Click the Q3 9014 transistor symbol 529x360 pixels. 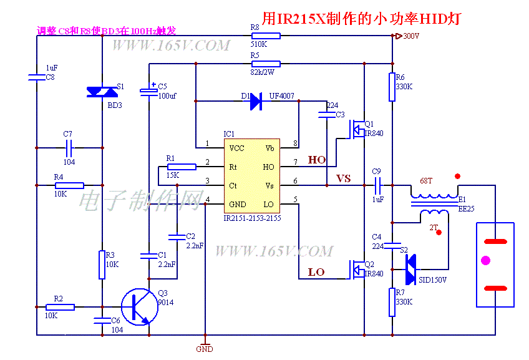pyautogui.click(x=138, y=306)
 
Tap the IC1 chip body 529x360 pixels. pyautogui.click(x=251, y=176)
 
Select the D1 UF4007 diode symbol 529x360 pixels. pyautogui.click(x=255, y=101)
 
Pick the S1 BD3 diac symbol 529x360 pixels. pyautogui.click(x=101, y=92)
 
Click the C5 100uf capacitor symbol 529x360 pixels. pyautogui.click(x=149, y=91)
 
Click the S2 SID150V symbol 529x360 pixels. pyautogui.click(x=410, y=270)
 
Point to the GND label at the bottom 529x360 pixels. pyautogui.click(x=205, y=349)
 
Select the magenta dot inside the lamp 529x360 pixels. pyautogui.click(x=487, y=260)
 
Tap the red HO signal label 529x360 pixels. pyautogui.click(x=317, y=160)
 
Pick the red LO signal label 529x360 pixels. pyautogui.click(x=316, y=272)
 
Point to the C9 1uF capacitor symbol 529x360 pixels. pyautogui.click(x=377, y=185)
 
